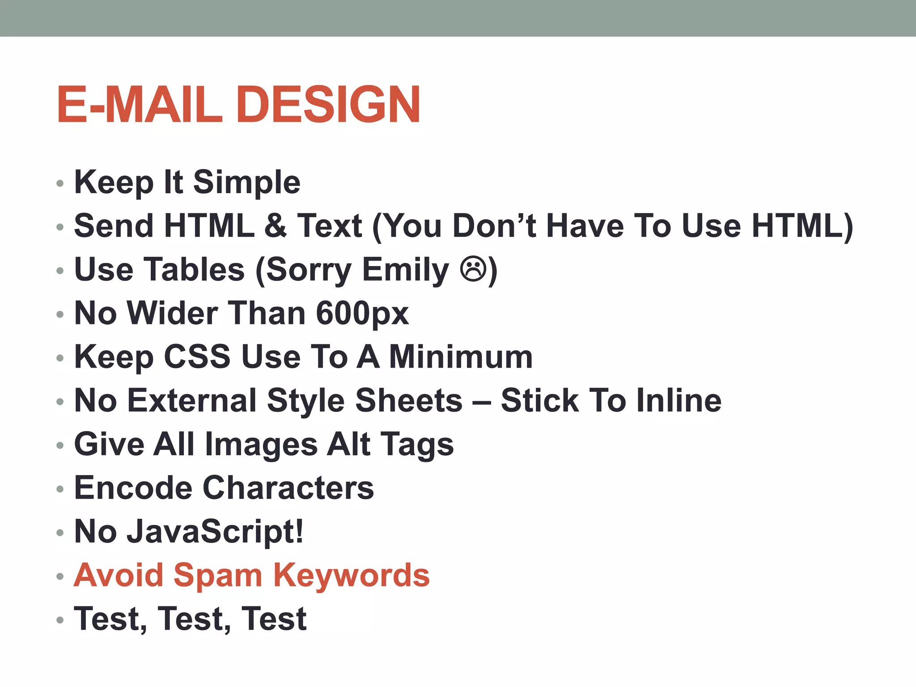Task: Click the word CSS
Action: (x=197, y=357)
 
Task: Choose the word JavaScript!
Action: (x=215, y=531)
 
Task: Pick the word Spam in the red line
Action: (x=218, y=575)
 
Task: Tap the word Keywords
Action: (x=352, y=575)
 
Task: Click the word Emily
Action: (x=405, y=270)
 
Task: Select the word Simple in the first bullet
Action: (x=246, y=182)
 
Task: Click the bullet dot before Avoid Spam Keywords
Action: (x=60, y=577)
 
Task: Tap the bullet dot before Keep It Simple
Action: (x=60, y=183)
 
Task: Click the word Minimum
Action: (x=461, y=357)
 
